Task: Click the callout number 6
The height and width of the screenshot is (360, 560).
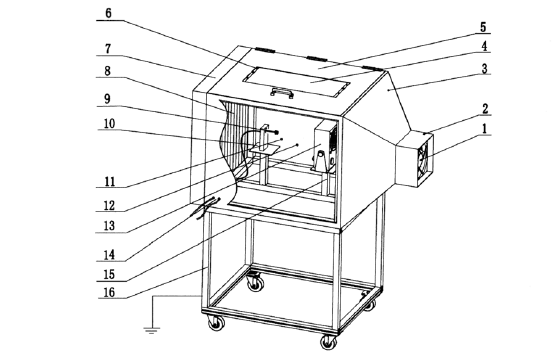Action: pyautogui.click(x=109, y=13)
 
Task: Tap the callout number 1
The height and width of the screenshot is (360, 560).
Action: pyautogui.click(x=484, y=129)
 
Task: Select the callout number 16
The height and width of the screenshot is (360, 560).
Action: pyautogui.click(x=109, y=292)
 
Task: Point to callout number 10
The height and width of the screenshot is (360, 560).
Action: pyautogui.click(x=109, y=124)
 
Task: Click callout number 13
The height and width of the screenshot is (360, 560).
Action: pyautogui.click(x=109, y=225)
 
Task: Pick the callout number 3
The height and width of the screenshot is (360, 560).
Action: pyautogui.click(x=484, y=68)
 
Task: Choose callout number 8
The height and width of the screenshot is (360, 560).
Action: pyautogui.click(x=108, y=71)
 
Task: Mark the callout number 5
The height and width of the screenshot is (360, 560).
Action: pyautogui.click(x=483, y=27)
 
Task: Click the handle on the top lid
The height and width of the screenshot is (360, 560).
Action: pyautogui.click(x=282, y=92)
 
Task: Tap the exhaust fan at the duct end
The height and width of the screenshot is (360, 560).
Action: pyautogui.click(x=424, y=161)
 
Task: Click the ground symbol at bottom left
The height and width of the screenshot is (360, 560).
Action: pyautogui.click(x=152, y=330)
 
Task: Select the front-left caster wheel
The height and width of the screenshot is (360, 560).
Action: pyautogui.click(x=216, y=323)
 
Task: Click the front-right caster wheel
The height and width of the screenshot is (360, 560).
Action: pyautogui.click(x=329, y=342)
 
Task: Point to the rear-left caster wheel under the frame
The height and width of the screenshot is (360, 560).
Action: pyautogui.click(x=256, y=282)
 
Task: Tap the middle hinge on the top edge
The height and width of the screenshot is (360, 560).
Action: pyautogui.click(x=317, y=59)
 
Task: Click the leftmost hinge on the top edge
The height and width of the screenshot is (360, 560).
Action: pyautogui.click(x=265, y=50)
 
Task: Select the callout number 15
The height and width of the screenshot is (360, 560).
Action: pyautogui.click(x=109, y=274)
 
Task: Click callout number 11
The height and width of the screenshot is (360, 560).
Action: pyautogui.click(x=110, y=181)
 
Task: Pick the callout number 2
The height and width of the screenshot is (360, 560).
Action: pyautogui.click(x=485, y=109)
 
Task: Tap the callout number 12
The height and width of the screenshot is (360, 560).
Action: pyautogui.click(x=109, y=205)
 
